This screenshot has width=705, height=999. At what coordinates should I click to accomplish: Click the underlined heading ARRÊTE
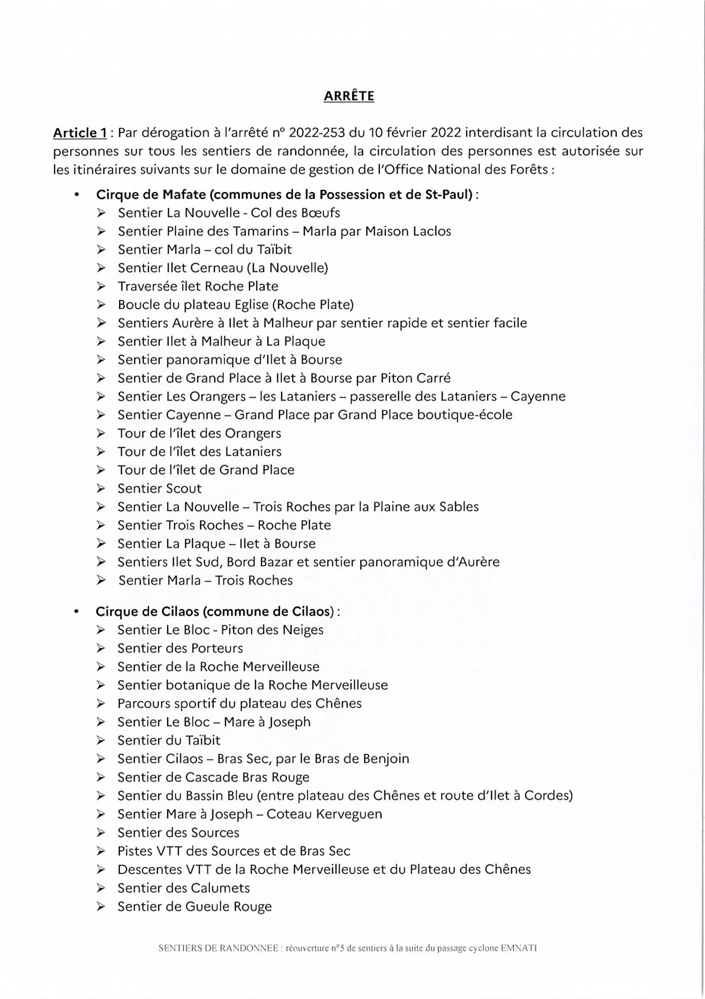point(349,96)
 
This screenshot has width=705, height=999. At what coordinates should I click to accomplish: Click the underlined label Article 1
point(80,133)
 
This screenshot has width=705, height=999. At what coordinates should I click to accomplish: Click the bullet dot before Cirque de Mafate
point(77,196)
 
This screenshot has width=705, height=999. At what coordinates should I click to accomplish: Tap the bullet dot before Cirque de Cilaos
point(76,613)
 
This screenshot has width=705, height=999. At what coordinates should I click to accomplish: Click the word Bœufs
point(320,213)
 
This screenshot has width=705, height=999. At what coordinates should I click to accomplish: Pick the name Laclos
point(432,231)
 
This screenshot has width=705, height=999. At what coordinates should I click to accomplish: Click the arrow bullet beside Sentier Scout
point(101,489)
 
